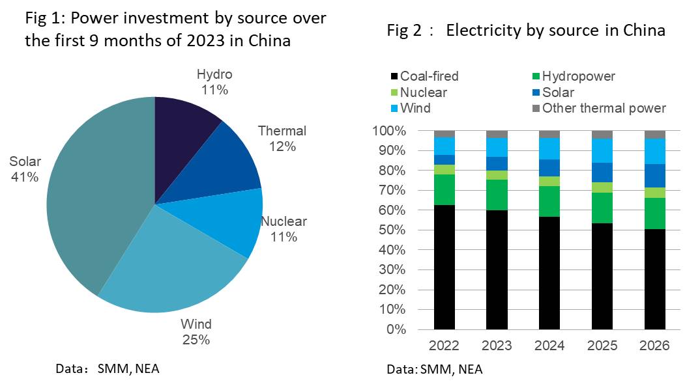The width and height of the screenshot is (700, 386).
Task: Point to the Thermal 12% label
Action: [282, 139]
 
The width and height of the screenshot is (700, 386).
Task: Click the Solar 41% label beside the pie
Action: [25, 169]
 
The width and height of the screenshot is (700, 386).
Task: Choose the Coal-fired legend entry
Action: [424, 76]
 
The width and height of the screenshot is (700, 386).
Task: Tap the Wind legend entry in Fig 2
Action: [410, 108]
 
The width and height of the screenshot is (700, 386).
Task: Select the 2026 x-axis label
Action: [654, 346]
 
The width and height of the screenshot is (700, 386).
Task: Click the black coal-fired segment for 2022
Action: [445, 267]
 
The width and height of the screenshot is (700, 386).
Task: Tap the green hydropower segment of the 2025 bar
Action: [601, 208]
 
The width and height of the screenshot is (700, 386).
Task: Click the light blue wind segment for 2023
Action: [497, 147]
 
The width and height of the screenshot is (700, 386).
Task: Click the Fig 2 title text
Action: [526, 31]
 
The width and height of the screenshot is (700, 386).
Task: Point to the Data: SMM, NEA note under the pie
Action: [108, 369]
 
